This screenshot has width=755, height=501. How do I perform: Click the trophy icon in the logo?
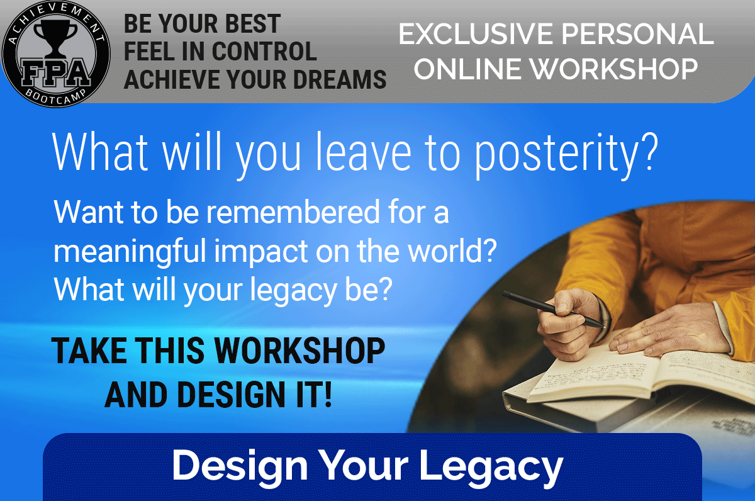point(55,38)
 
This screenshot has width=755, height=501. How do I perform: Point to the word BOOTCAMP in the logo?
point(56,97)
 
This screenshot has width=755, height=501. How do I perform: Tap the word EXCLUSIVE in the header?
point(476,34)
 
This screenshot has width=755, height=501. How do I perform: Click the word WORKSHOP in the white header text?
point(614,69)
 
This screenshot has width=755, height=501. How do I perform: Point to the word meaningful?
point(130,252)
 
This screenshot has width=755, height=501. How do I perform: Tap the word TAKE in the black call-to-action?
point(89,351)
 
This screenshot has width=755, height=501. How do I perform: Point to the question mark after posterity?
point(649,152)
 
